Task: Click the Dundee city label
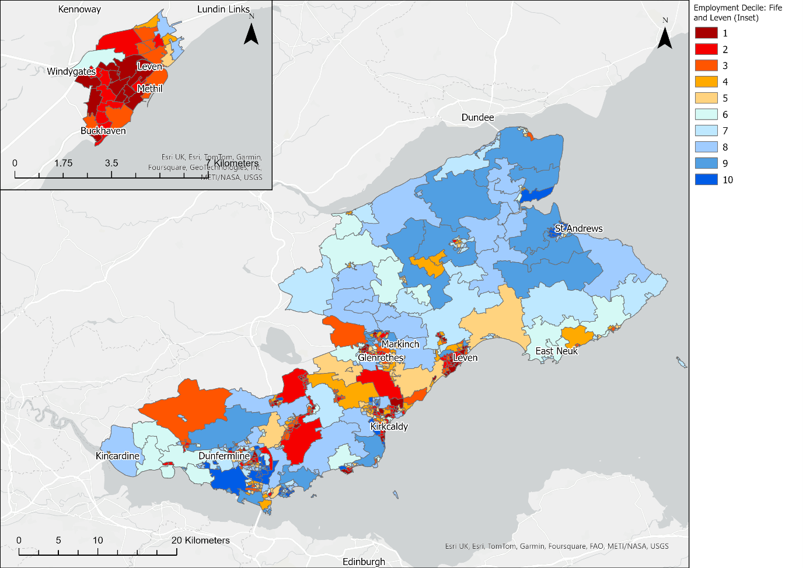477,117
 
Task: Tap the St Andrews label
578,228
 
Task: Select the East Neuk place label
556,351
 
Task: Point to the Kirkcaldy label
389,426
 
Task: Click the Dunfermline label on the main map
224,456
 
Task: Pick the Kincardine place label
117,456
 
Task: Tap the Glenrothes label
380,357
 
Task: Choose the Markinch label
400,344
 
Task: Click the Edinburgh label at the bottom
364,562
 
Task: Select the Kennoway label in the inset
79,9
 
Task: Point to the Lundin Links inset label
224,9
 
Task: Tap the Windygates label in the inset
71,71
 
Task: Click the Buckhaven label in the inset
103,131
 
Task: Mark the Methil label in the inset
149,89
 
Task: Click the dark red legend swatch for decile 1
706,33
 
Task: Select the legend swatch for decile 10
706,180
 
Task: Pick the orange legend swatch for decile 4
706,82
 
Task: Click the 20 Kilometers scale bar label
200,541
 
